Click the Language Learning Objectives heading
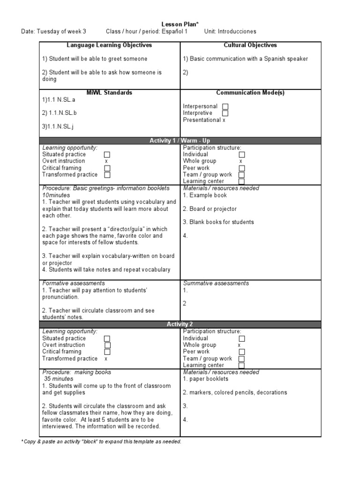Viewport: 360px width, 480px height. pos(109,45)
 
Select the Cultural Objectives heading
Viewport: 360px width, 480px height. pos(250,45)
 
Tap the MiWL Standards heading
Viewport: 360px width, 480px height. pos(109,93)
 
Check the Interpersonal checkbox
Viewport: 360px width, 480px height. pos(225,107)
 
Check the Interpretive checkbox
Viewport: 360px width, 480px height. pos(225,113)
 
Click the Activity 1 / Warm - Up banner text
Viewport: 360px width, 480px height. pos(180,141)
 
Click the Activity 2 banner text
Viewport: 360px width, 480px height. pos(180,324)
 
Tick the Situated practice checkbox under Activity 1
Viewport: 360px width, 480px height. pos(107,155)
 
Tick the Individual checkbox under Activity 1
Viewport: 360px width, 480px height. pos(241,155)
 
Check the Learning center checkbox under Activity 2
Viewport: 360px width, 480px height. pos(241,366)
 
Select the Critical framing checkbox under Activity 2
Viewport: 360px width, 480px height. pos(107,352)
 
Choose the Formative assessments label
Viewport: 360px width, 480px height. pos(74,284)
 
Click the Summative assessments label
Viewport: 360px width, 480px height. pos(216,284)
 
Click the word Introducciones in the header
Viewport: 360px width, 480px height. pos(236,32)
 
